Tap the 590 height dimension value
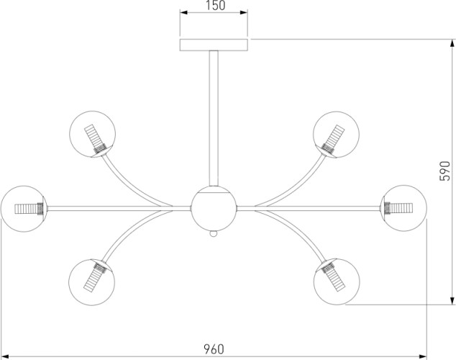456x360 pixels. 445,171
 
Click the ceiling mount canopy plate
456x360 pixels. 215,44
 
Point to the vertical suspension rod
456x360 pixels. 214,115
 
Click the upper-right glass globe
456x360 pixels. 335,134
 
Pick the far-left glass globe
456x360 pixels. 24,208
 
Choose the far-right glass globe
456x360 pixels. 404,208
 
